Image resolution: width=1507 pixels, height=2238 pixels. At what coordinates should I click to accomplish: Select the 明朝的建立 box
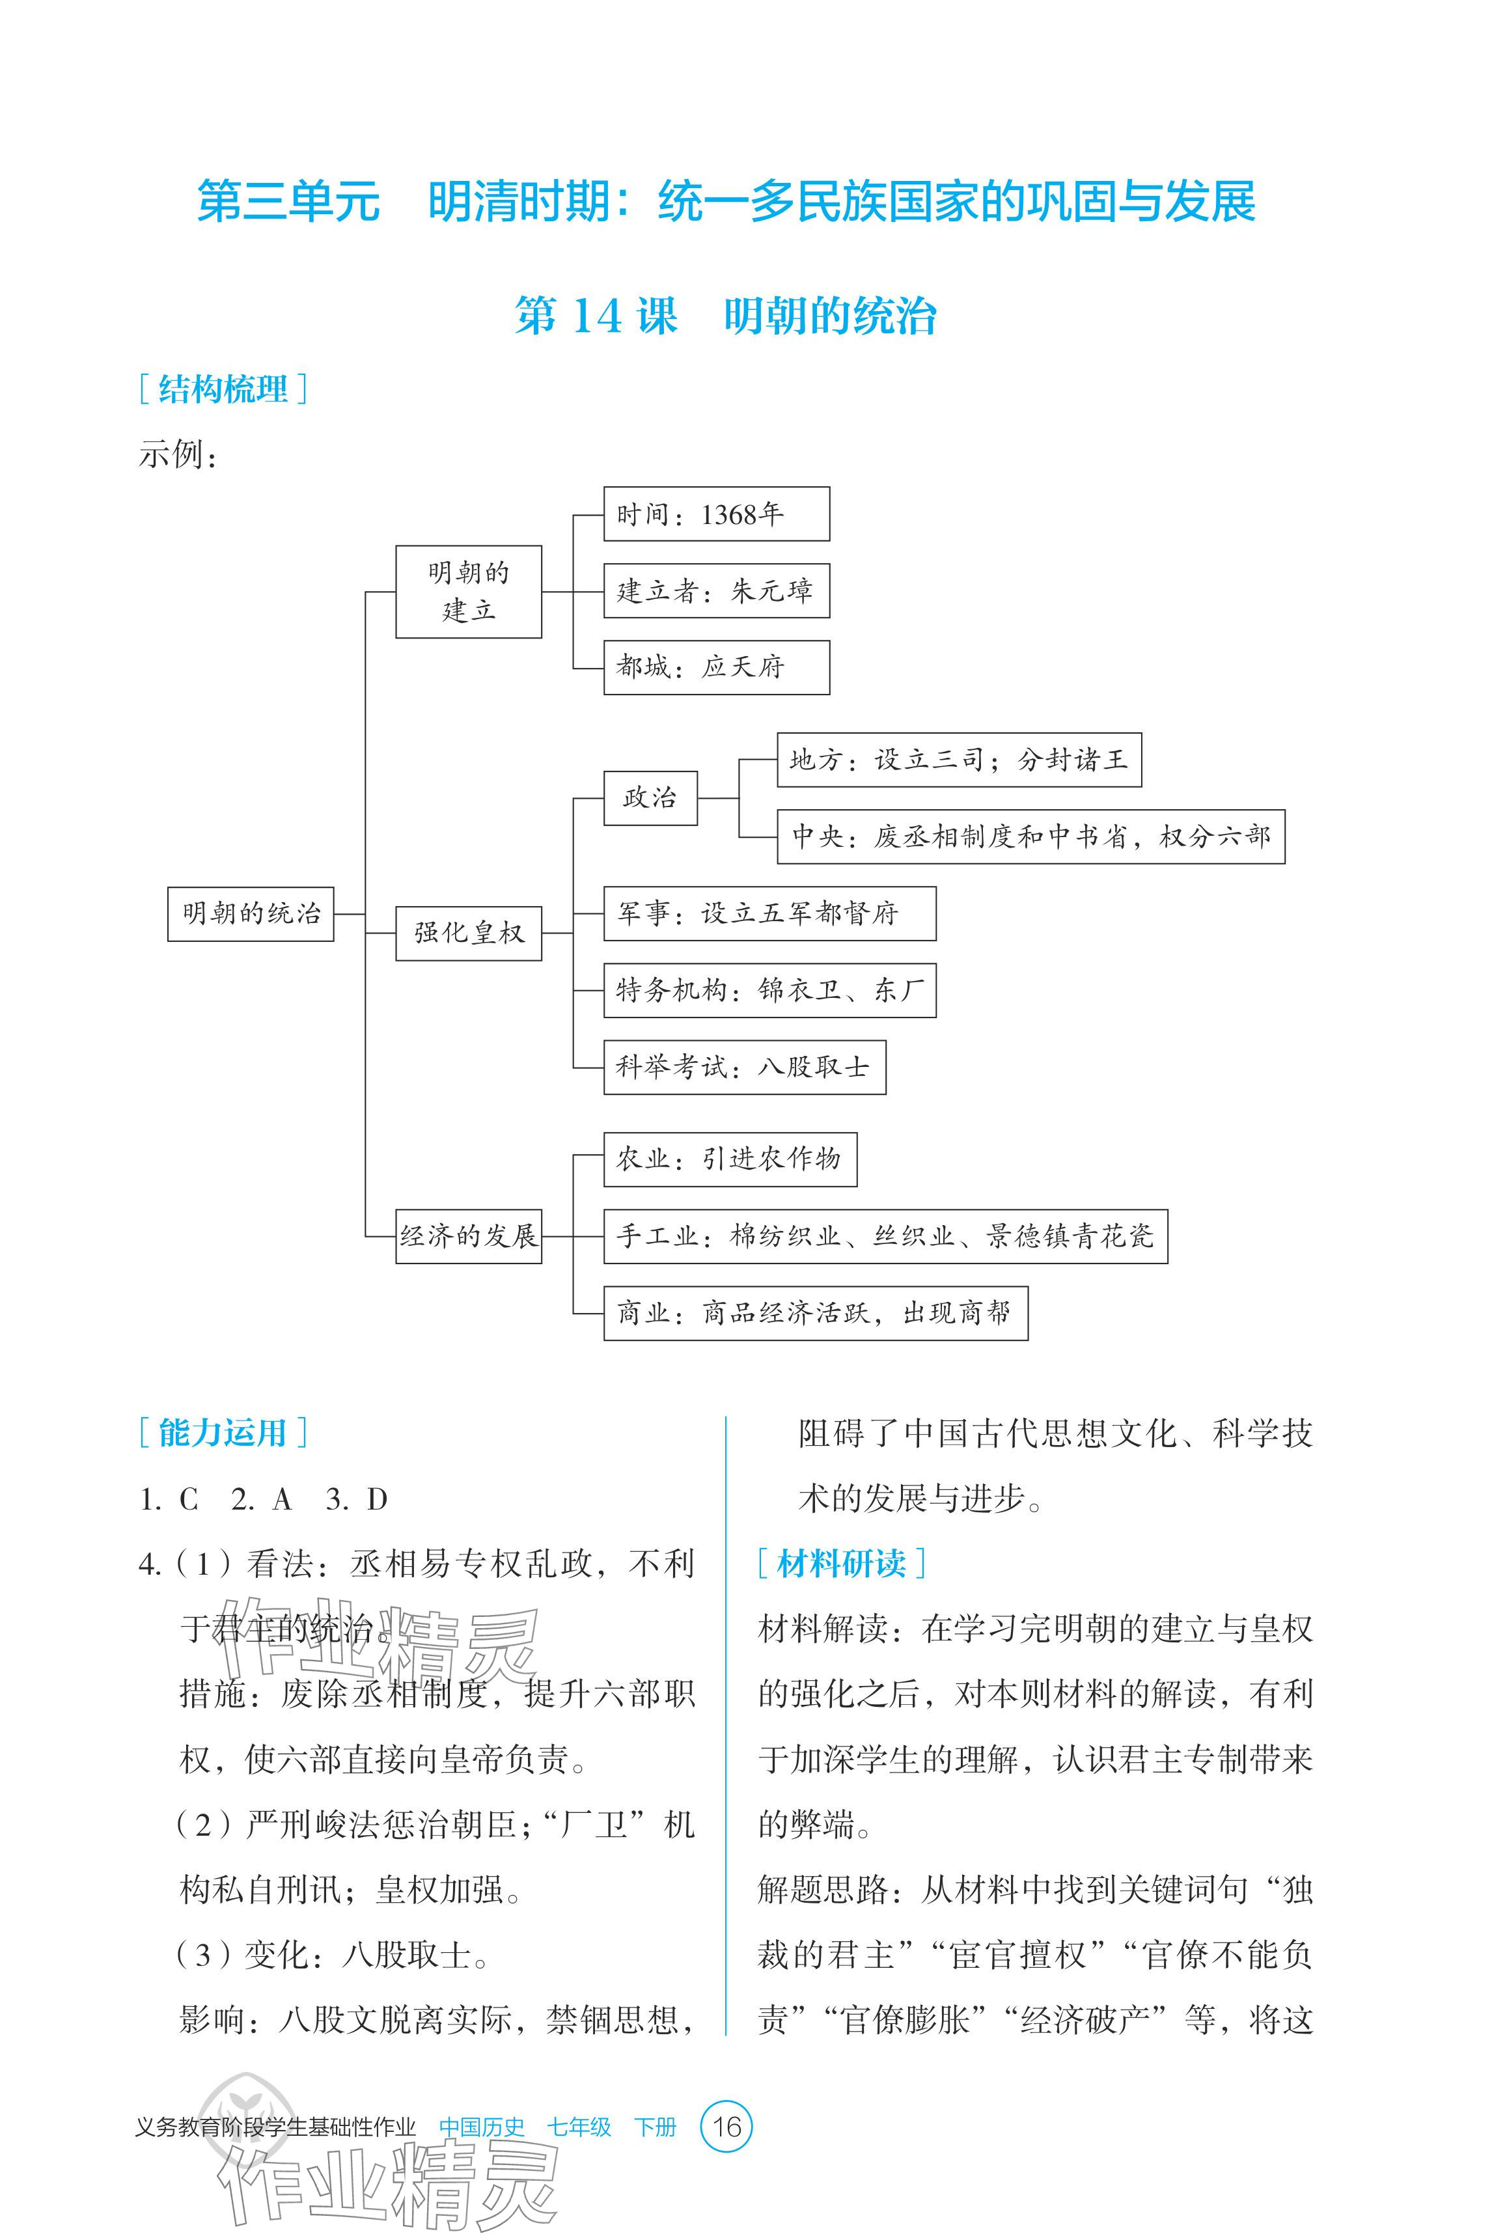468,591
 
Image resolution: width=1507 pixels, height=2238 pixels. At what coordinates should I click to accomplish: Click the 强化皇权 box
468,932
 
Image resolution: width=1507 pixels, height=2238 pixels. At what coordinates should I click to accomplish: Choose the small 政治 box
650,797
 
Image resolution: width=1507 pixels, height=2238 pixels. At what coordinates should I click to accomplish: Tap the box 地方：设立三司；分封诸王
958,760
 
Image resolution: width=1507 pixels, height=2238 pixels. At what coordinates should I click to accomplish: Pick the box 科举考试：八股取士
744,1067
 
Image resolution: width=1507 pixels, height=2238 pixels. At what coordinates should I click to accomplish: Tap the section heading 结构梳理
223,389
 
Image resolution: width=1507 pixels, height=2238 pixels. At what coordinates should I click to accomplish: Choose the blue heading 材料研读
841,1564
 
